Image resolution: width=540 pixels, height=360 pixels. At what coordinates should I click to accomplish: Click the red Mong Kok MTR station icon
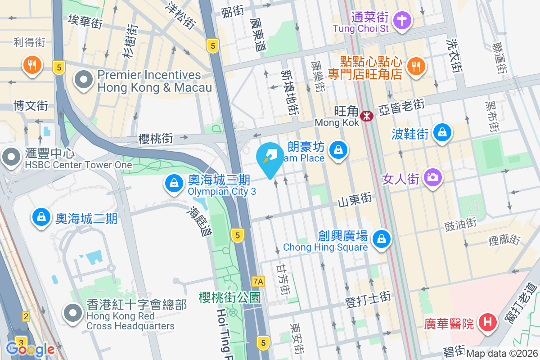pos(368,116)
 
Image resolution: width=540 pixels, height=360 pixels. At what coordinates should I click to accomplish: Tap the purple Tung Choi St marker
pos(400,20)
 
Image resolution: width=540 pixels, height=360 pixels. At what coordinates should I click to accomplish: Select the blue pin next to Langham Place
pos(337,150)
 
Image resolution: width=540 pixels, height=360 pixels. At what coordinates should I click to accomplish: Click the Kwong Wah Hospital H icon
pos(487,322)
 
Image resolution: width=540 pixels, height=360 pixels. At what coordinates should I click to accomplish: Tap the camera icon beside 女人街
pos(433,178)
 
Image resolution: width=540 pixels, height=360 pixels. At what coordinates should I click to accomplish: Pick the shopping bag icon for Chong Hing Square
pos(382,238)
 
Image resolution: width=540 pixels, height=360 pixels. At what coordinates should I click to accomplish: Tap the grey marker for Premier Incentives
pos(84,81)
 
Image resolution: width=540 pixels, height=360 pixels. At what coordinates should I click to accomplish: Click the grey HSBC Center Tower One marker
pos(11,157)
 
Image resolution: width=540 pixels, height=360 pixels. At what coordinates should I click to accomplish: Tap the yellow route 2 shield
pos(26,317)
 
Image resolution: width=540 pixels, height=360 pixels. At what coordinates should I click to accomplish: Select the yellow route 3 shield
pos(20,341)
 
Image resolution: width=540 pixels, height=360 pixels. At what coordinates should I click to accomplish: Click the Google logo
pos(30,349)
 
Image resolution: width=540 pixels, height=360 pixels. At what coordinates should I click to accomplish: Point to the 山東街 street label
pos(355,199)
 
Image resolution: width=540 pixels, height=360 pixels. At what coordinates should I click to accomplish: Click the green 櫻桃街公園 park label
pos(230,297)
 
